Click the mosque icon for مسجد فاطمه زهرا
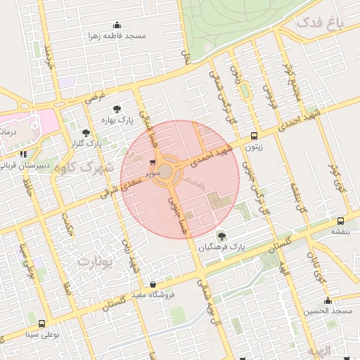117,25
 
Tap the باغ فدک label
320,23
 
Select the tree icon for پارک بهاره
117,109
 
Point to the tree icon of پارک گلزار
86,132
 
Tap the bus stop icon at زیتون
254,137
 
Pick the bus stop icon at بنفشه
340,220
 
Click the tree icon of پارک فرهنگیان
221,236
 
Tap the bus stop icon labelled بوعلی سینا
42,324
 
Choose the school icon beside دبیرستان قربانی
23,154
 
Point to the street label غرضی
96,96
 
